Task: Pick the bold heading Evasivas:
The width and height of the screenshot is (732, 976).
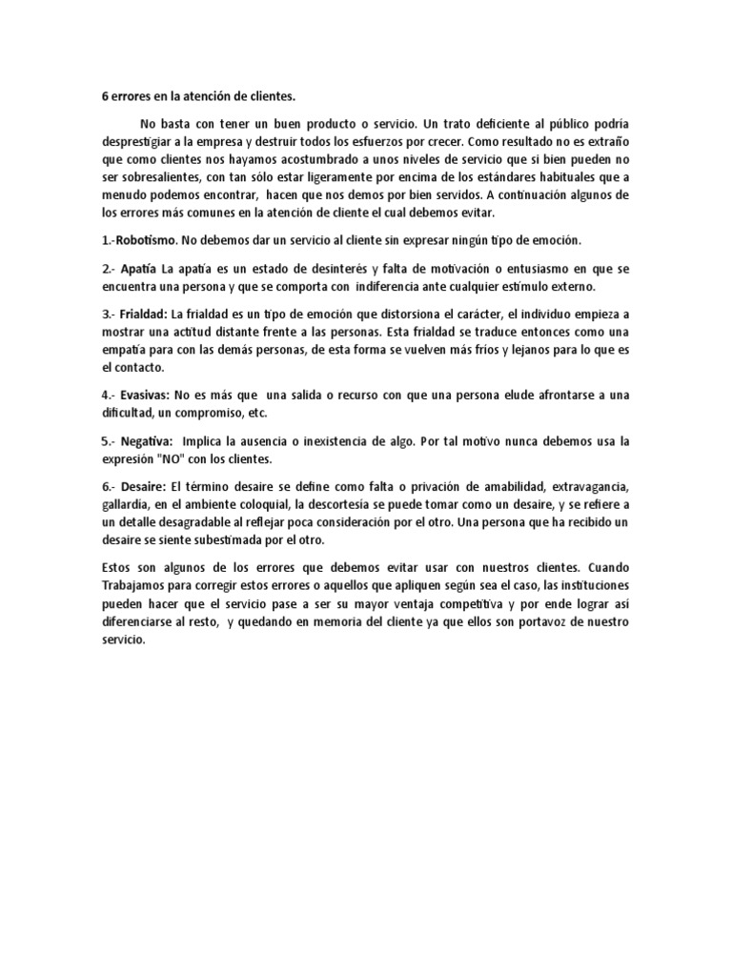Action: (x=145, y=395)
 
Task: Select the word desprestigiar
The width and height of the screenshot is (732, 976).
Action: (x=142, y=143)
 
